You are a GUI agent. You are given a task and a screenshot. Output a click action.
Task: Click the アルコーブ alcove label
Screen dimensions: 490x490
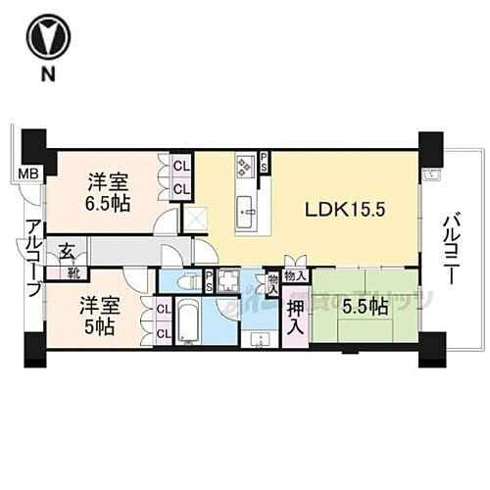[x=33, y=258]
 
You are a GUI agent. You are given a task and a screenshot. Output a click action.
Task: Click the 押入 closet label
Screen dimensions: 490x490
[x=295, y=316]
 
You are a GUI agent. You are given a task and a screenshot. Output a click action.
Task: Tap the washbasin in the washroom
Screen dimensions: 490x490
[x=258, y=339]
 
